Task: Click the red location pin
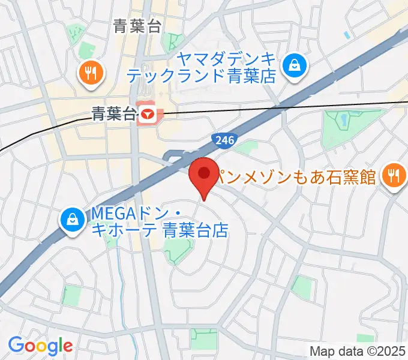pos(204,175)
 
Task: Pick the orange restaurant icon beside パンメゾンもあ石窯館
pos(394,175)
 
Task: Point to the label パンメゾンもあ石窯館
pos(295,177)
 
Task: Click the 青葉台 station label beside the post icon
pos(113,113)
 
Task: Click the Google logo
pos(40,346)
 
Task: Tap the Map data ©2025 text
pos(357,351)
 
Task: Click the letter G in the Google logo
pos(16,345)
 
